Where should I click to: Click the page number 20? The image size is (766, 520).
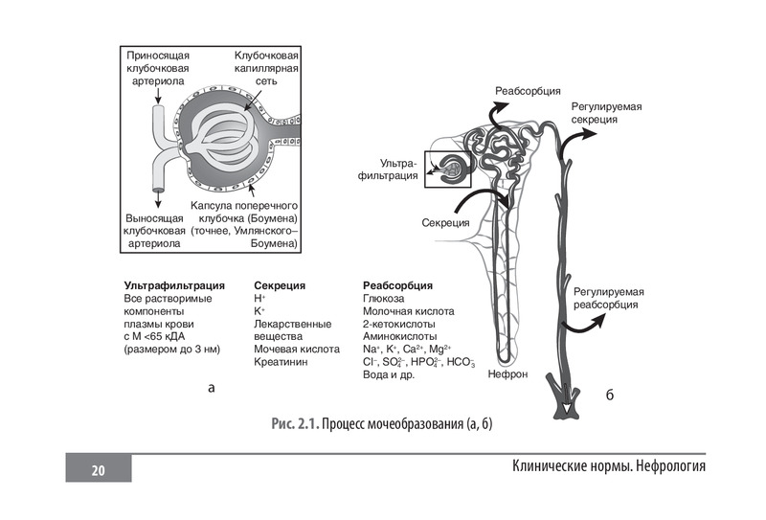click(x=98, y=469)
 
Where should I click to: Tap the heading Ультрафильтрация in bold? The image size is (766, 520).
click(x=174, y=285)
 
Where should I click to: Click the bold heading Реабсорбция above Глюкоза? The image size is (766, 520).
click(x=398, y=285)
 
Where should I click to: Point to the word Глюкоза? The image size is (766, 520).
click(x=383, y=299)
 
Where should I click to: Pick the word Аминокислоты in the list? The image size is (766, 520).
click(x=400, y=336)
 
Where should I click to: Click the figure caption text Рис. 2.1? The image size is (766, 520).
click(x=294, y=423)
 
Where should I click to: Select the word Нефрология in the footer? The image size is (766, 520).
click(x=661, y=466)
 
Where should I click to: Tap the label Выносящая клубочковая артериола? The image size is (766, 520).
click(x=155, y=231)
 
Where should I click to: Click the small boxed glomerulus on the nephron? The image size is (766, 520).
click(x=451, y=170)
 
